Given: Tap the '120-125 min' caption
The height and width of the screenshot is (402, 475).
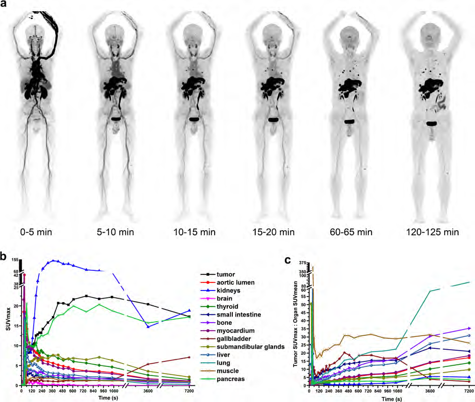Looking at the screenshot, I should click(433, 232).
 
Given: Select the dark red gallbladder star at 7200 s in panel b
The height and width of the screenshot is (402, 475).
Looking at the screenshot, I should click(189, 357).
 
